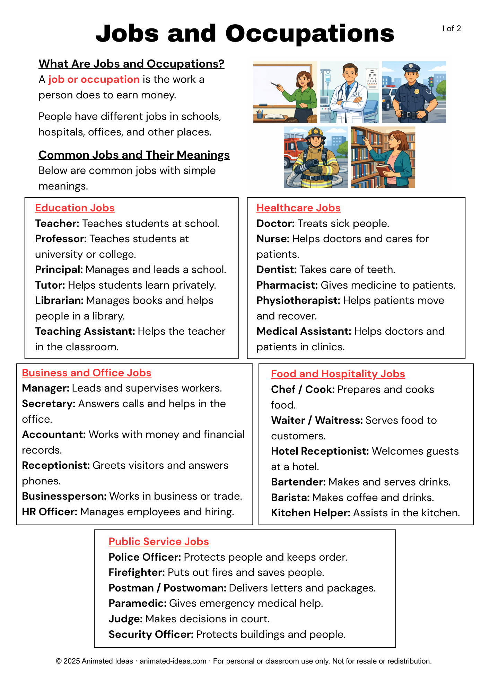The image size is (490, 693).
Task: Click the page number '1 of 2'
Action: (x=451, y=29)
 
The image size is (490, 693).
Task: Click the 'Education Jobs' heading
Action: (x=75, y=208)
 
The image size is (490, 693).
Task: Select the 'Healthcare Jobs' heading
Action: (x=298, y=208)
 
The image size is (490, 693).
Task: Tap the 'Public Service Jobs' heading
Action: (x=159, y=542)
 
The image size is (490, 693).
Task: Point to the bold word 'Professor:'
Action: (x=61, y=239)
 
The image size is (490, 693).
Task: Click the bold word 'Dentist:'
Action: (x=277, y=270)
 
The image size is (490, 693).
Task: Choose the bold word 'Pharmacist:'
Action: (x=287, y=285)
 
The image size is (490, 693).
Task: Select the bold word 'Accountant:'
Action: (x=54, y=435)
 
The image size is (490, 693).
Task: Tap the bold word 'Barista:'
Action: (x=290, y=498)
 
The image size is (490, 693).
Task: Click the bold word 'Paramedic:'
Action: (x=138, y=603)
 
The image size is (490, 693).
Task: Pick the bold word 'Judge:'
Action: (x=125, y=619)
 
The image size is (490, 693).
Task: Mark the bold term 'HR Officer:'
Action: (x=50, y=512)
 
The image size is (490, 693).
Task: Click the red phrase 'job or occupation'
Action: (x=94, y=79)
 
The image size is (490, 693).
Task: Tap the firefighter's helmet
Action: (x=315, y=133)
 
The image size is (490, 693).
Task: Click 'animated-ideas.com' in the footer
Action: (x=173, y=661)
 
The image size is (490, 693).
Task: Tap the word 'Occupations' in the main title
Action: (x=310, y=34)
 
